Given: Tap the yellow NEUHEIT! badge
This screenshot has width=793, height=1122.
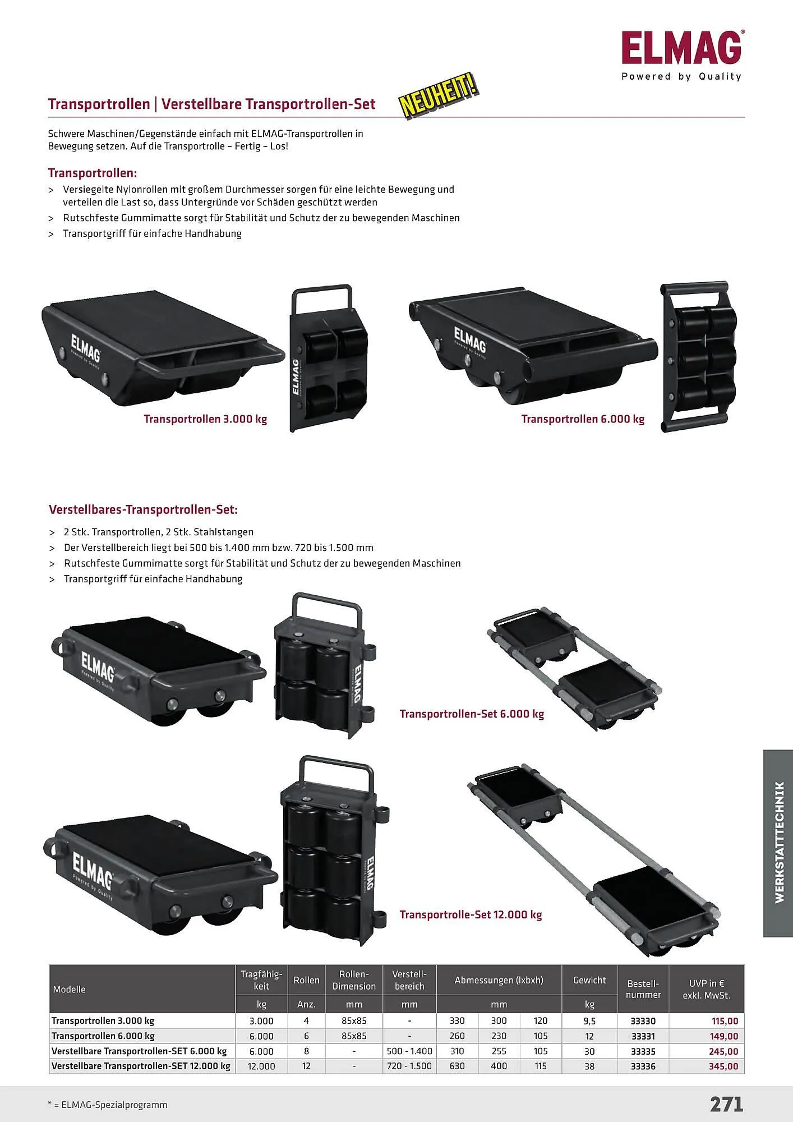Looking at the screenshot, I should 439,96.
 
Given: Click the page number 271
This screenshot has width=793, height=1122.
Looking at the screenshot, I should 726,1104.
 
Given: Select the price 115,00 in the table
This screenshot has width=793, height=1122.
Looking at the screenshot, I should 725,1021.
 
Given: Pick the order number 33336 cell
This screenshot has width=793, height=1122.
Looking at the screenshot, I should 643,1066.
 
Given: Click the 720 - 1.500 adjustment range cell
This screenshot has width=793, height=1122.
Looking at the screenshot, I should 409,1066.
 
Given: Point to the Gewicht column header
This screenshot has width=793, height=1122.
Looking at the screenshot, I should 589,980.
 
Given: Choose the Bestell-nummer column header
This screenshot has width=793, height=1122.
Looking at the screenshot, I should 643,989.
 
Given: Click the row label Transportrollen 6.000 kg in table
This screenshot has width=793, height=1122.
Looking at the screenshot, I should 103,1036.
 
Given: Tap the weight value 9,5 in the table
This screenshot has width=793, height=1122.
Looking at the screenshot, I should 589,1021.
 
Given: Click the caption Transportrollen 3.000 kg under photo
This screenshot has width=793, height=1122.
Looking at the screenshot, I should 205,419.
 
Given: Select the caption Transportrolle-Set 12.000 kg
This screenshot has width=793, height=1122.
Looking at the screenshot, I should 471,915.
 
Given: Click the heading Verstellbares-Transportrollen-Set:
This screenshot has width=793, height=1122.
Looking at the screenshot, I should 143,510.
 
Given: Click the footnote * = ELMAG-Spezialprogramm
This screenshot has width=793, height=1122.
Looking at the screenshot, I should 108,1105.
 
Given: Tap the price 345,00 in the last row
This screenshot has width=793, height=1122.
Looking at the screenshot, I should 723,1066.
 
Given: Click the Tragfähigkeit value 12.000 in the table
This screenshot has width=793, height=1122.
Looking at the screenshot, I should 261,1066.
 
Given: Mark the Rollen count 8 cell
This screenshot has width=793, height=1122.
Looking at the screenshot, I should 306,1051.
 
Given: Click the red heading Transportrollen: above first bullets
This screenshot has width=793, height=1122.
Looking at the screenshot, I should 93,173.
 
